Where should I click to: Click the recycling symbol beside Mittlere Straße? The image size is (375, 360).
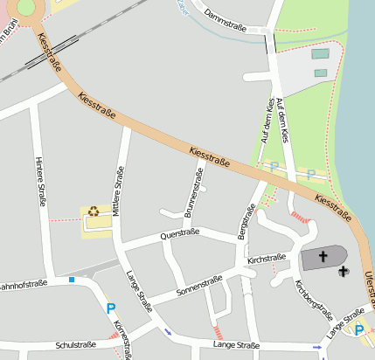[94, 211]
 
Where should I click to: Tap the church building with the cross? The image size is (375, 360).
[322, 258]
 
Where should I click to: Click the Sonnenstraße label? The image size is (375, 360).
[199, 284]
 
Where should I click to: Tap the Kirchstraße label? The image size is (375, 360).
[267, 259]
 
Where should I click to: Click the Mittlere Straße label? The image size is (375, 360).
[120, 190]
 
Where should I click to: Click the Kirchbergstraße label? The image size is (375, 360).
[315, 299]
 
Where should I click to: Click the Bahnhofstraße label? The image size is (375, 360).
[21, 285]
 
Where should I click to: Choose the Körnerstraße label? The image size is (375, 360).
[123, 339]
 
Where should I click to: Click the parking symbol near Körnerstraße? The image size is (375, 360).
[111, 308]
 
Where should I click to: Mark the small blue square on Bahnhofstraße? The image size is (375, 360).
[73, 280]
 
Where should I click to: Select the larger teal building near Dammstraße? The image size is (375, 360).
[321, 54]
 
